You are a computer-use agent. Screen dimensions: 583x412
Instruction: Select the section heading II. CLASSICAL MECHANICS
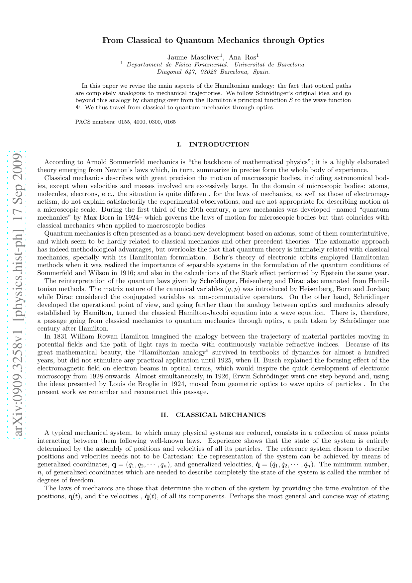point(213,415)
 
